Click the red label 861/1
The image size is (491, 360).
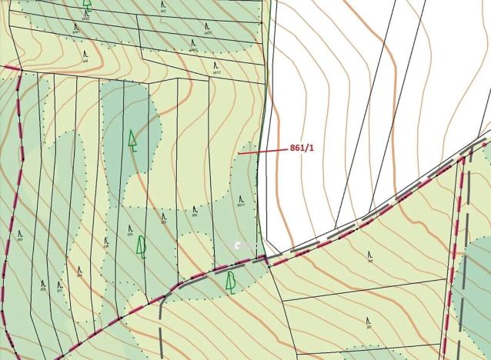coord(301,147)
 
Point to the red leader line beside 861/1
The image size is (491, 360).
coord(262,152)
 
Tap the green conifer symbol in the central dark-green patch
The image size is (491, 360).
coord(132,140)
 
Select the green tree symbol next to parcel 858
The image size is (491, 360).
coord(141,246)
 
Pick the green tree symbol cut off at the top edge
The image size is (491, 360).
coord(87,3)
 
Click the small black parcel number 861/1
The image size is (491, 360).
coord(241,205)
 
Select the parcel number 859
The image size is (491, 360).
coord(163,223)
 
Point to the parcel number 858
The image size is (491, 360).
coord(129,234)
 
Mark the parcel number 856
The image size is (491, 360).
coord(79,278)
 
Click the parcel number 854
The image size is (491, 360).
coord(43,290)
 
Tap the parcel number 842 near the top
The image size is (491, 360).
coord(163,12)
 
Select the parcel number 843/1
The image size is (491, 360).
coord(209,33)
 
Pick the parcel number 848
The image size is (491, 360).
coord(85,60)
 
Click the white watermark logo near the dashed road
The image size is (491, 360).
coord(240,245)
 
